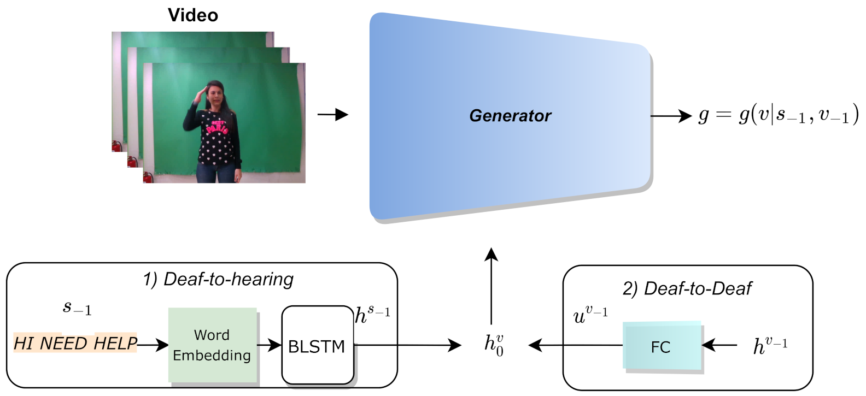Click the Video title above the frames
click(x=192, y=15)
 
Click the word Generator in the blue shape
click(x=510, y=116)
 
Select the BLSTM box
click(x=317, y=346)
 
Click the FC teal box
click(x=661, y=346)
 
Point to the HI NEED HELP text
click(x=75, y=343)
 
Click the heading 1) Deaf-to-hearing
click(x=218, y=279)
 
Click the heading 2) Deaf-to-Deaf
click(x=687, y=288)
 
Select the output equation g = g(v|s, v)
click(x=778, y=115)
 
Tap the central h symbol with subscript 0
click(x=494, y=345)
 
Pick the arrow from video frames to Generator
click(x=332, y=115)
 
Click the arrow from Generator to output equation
click(x=671, y=116)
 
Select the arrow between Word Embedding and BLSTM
click(x=269, y=345)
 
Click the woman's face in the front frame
click(x=214, y=93)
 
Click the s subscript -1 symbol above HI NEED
click(x=77, y=308)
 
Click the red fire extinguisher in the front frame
click(x=148, y=177)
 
